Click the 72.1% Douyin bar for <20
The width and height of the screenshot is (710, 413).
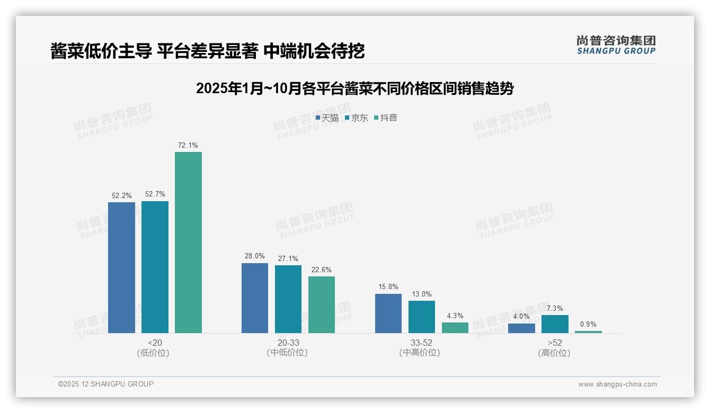click(x=188, y=243)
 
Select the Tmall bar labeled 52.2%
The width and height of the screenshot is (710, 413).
click(x=121, y=267)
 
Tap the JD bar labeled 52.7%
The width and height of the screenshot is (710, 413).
click(x=155, y=267)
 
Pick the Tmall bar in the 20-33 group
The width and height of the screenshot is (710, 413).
click(x=255, y=298)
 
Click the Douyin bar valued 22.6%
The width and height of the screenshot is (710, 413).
click(x=322, y=304)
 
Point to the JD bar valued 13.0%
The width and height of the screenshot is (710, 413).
click(x=422, y=317)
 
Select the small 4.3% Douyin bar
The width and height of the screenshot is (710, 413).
click(x=455, y=328)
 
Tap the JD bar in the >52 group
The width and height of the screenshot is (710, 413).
click(x=555, y=324)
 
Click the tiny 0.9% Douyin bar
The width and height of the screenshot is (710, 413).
click(x=588, y=332)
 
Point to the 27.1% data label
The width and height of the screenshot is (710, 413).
click(x=288, y=259)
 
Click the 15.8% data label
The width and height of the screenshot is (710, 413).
click(x=388, y=287)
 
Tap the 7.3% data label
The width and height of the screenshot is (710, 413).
click(x=555, y=309)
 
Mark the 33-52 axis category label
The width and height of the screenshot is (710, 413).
click(x=421, y=343)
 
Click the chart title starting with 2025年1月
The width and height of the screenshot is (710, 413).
click(x=354, y=88)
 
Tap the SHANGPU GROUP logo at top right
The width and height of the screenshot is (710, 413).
click(x=616, y=45)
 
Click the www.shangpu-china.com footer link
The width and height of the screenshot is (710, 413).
click(x=617, y=384)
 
